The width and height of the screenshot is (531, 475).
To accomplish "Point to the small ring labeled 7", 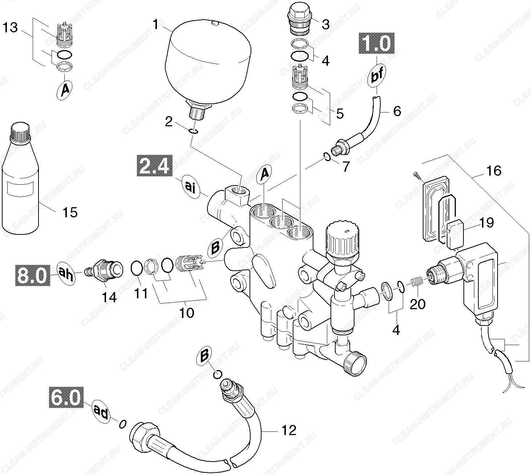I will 326,156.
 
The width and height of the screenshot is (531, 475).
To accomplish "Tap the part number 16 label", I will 493,170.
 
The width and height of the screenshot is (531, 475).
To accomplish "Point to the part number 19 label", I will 486,223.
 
